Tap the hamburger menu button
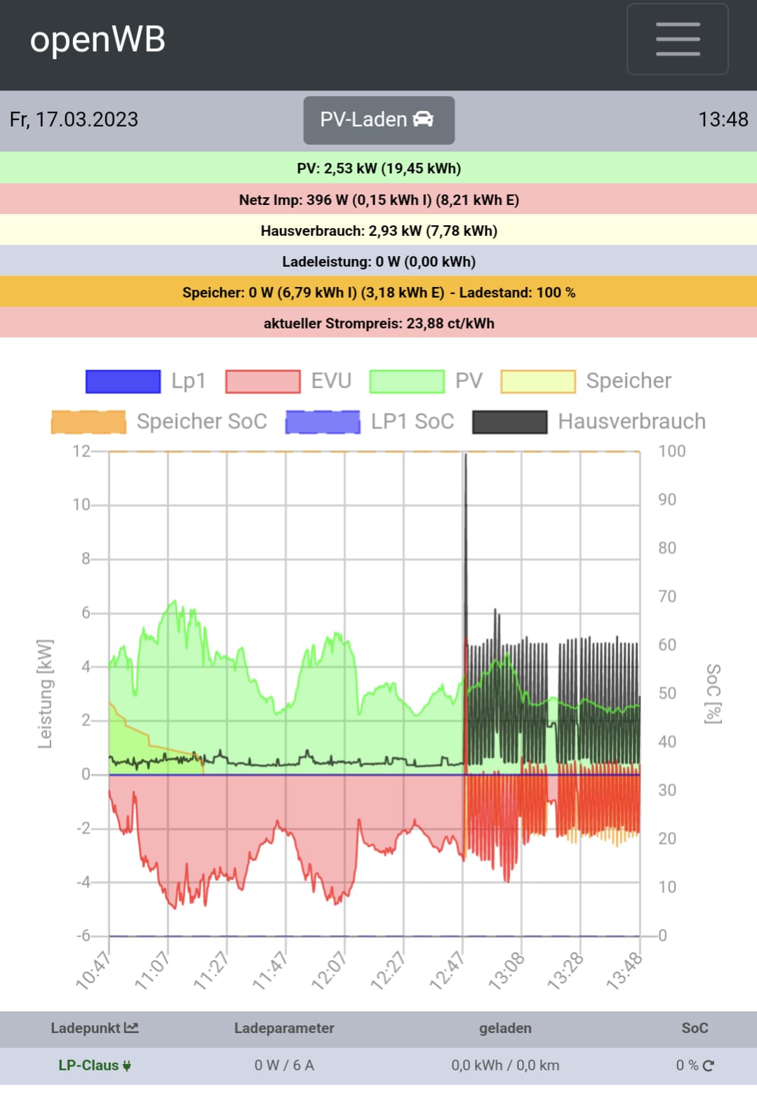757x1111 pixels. tap(677, 39)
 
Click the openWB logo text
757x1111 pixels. tap(98, 39)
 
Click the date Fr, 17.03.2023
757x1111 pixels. tap(74, 119)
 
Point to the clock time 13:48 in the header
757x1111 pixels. tap(723, 119)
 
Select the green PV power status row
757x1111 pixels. tap(378, 168)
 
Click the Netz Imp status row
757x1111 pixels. tap(378, 199)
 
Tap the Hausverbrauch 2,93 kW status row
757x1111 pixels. tap(378, 231)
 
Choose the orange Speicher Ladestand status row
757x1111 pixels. tap(378, 293)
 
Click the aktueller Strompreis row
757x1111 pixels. tap(378, 324)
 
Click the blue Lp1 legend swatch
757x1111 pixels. tap(123, 381)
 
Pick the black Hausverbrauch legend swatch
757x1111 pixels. tap(509, 422)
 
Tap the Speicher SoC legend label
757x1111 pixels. tap(201, 422)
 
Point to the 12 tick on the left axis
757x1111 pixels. tap(81, 451)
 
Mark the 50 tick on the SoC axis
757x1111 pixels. tap(667, 693)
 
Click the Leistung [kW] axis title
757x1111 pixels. tap(45, 693)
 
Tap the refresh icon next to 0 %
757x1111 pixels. tap(709, 1065)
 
